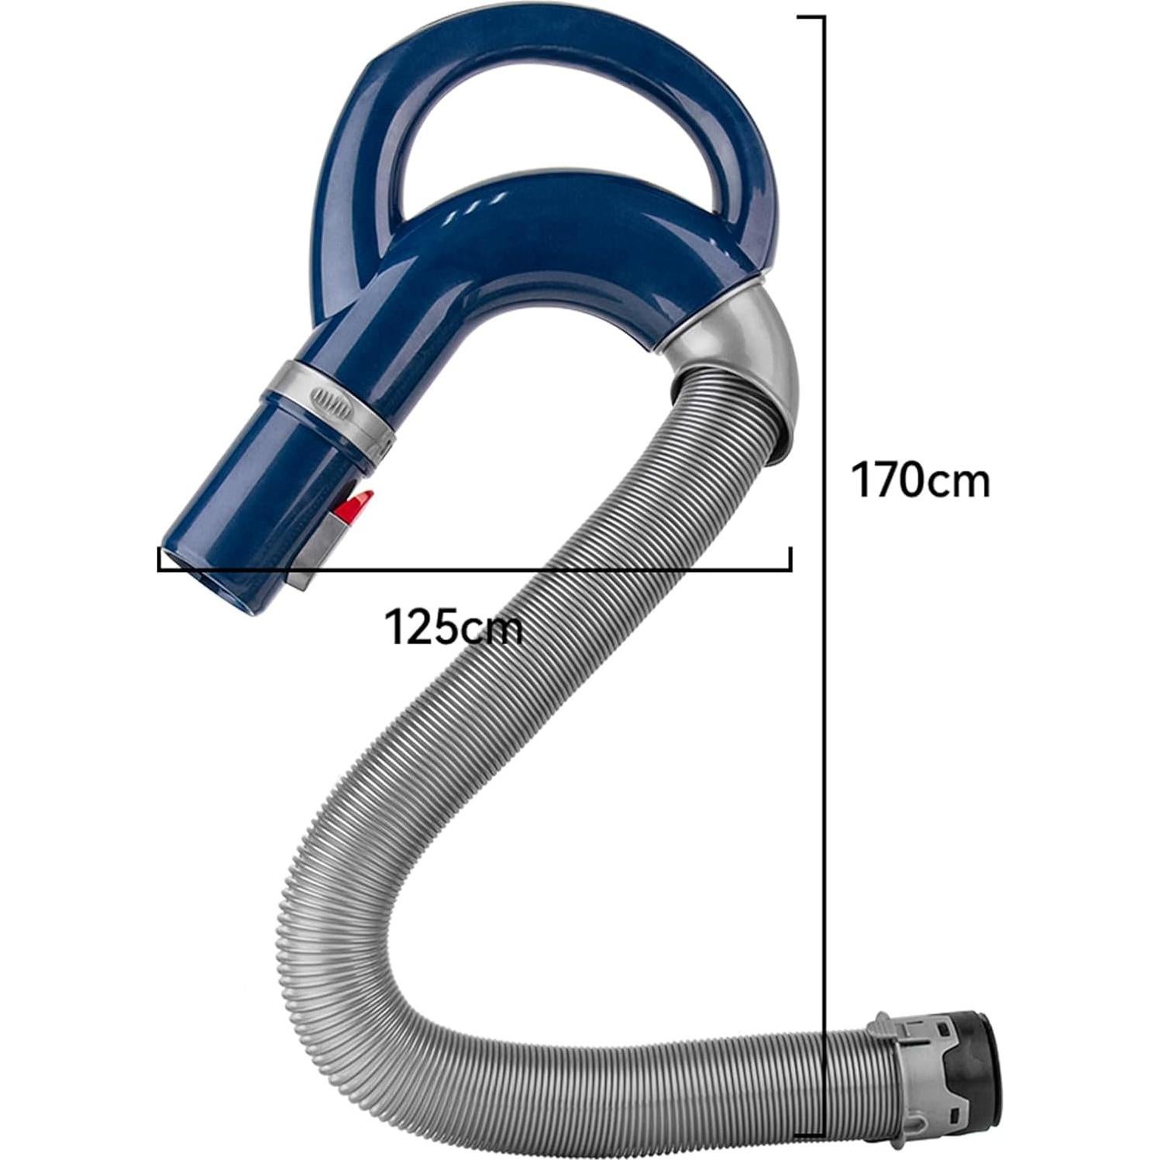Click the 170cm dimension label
[921, 480]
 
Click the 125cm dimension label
[453, 627]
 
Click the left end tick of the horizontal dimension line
[160, 559]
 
